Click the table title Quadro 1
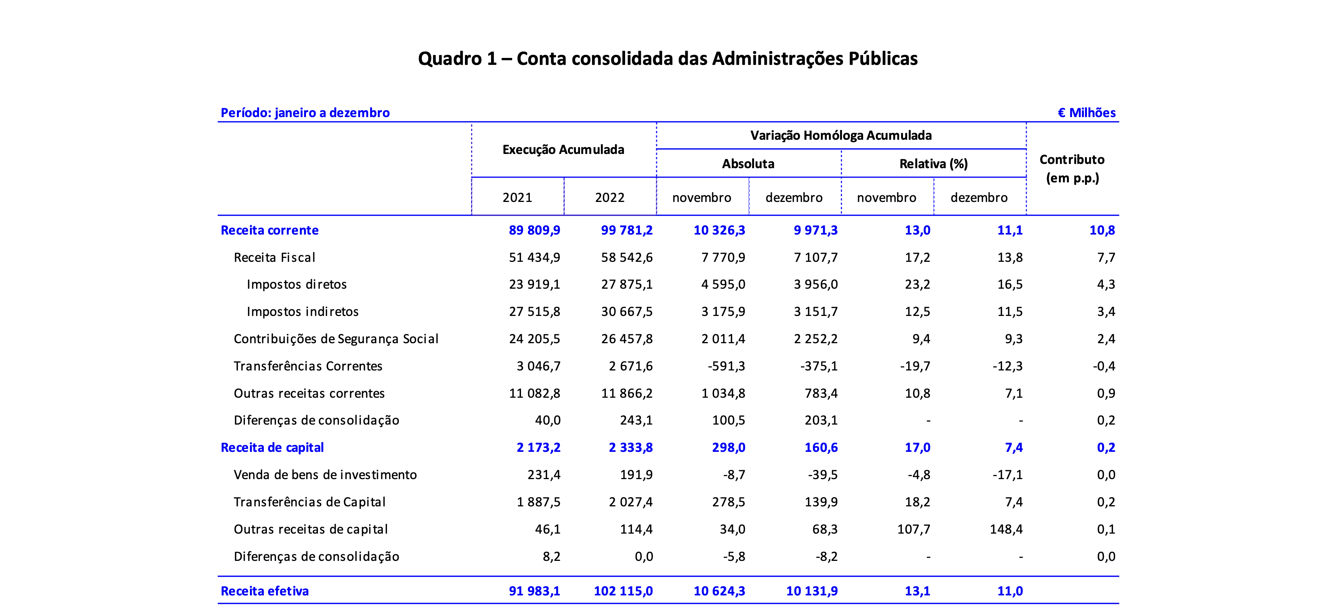668,58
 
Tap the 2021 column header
517,198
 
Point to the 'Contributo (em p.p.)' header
1072,169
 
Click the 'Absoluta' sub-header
748,164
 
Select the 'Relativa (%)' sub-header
933,164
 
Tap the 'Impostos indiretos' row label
303,312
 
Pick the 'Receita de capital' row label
272,448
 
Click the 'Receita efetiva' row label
265,591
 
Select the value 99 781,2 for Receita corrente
627,230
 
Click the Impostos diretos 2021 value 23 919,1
534,284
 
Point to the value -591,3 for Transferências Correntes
726,366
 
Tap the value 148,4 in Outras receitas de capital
1006,529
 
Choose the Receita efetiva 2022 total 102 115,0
623,591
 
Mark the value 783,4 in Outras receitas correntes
821,393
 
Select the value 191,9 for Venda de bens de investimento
636,475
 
